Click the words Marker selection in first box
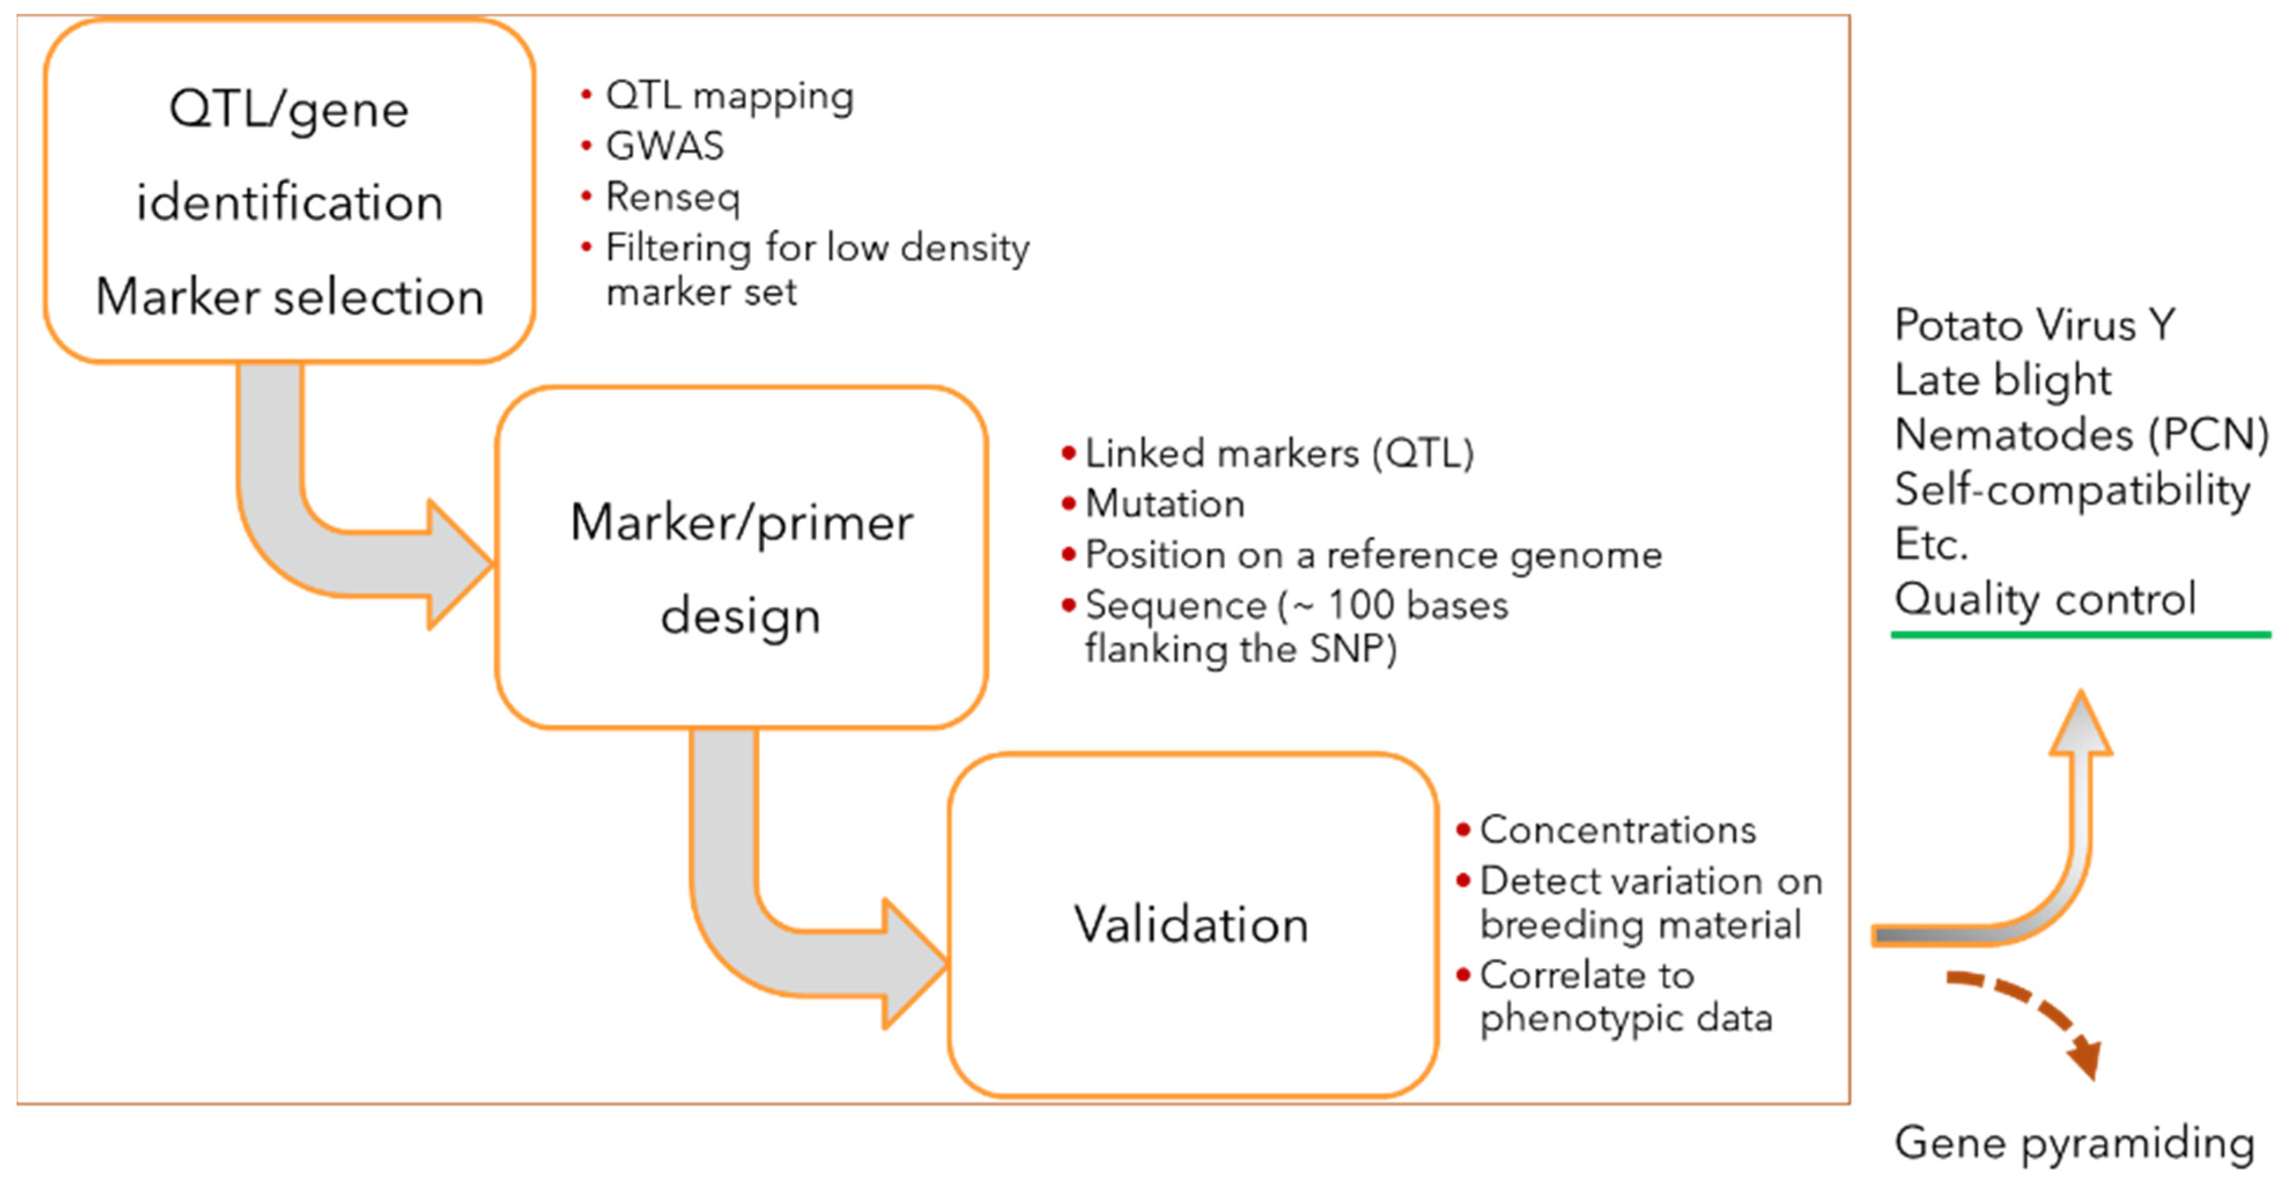tap(290, 297)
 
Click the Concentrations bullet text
tap(1617, 830)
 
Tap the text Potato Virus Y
tap(2034, 324)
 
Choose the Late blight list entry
tap(2002, 380)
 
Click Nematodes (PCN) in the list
tap(2080, 435)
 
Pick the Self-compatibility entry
tap(2071, 489)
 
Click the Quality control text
tap(2044, 599)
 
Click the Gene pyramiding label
tap(2073, 1143)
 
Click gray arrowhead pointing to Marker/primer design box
tap(458, 564)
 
